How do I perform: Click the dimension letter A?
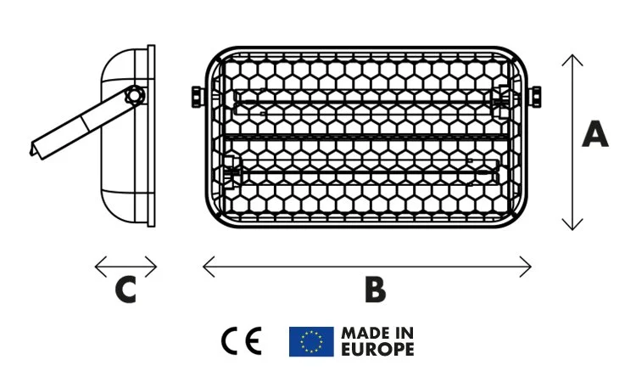[x=594, y=135]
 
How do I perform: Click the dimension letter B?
[x=374, y=290]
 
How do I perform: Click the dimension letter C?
[x=126, y=290]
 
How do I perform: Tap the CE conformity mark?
[x=242, y=341]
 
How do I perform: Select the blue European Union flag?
[x=311, y=341]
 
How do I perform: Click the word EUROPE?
[x=377, y=349]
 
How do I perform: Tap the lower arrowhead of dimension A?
[x=573, y=227]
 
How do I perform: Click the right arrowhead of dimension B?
[x=529, y=267]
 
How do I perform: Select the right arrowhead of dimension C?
[x=155, y=267]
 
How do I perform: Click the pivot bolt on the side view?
[x=134, y=95]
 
